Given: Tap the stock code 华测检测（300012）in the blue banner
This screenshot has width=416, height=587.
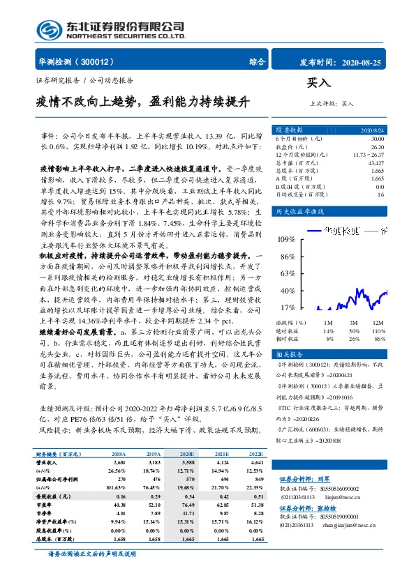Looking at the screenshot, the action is [x=77, y=61].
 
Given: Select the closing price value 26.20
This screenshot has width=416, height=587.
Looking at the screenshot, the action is [x=375, y=146].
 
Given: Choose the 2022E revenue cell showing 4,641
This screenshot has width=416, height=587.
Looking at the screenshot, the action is [x=255, y=462].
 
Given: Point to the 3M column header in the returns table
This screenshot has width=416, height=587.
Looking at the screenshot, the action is [x=354, y=323].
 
